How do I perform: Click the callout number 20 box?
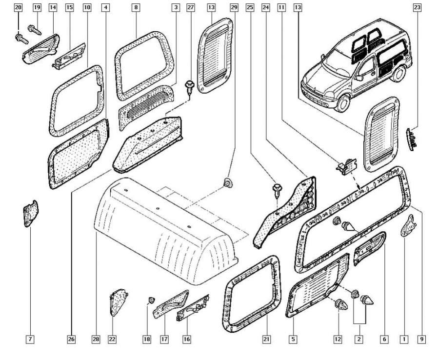coord(18,8)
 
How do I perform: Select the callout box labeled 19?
coord(37,8)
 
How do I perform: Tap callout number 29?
coord(234,8)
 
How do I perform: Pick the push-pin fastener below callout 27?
coord(190,88)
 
